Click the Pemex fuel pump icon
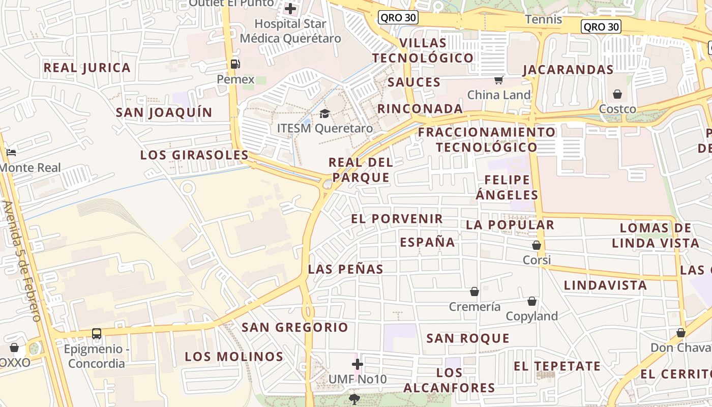(x=235, y=64)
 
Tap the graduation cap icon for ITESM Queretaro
(x=324, y=113)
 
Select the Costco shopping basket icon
(x=617, y=94)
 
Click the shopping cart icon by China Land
(x=499, y=80)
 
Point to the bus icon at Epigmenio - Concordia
(x=97, y=334)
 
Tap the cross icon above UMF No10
(x=358, y=364)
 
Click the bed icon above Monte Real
(x=11, y=152)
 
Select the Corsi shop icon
(x=537, y=245)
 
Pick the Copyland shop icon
(x=532, y=301)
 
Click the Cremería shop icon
(x=474, y=292)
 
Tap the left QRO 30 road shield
(x=398, y=18)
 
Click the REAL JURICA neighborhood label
(x=87, y=68)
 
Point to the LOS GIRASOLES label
(x=194, y=155)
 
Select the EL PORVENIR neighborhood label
(x=397, y=219)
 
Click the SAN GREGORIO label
(x=295, y=327)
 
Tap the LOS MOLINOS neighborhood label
(x=234, y=357)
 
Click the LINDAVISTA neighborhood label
(x=605, y=285)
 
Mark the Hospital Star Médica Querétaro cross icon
(x=290, y=9)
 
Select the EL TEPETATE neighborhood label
(x=557, y=366)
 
